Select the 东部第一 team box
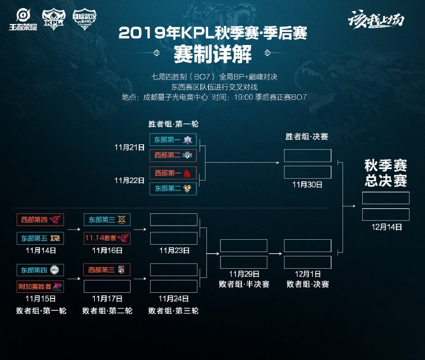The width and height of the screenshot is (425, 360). coord(173,140)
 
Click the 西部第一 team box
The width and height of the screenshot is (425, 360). coord(173,173)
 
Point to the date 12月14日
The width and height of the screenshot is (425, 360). coord(386,227)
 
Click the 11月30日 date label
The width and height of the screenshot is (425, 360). coord(307,184)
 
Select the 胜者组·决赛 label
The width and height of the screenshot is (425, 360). coord(307,137)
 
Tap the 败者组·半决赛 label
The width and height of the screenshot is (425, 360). coord(243,284)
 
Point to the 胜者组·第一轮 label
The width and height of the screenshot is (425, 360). coord(173,124)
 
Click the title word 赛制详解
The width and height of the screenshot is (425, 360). coord(212,54)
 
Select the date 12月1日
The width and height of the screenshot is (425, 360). coord(307,274)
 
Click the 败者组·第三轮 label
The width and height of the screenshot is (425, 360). coord(173,311)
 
